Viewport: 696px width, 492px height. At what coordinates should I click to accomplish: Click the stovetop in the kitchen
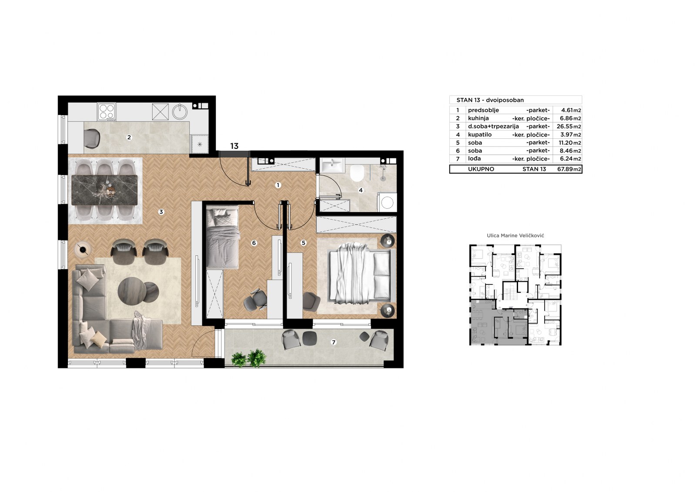107,112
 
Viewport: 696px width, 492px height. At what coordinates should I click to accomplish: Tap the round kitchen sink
180,111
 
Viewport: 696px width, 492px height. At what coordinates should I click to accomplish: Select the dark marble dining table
104,190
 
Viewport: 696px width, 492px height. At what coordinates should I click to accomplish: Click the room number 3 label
161,212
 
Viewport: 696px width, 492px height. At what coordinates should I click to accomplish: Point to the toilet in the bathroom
357,173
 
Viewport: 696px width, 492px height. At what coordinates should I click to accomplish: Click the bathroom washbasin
332,165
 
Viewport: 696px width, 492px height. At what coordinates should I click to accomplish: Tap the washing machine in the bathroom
387,202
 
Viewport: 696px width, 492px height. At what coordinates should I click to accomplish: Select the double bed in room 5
362,277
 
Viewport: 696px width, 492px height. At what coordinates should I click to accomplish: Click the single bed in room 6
223,238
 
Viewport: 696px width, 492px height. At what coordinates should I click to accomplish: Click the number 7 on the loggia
334,342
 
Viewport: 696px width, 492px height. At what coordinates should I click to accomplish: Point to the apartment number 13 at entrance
234,146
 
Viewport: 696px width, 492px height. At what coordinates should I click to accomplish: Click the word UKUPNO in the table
481,169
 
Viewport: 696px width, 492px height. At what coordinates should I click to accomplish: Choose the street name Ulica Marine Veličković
515,236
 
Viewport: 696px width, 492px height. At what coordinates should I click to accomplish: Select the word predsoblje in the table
483,110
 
